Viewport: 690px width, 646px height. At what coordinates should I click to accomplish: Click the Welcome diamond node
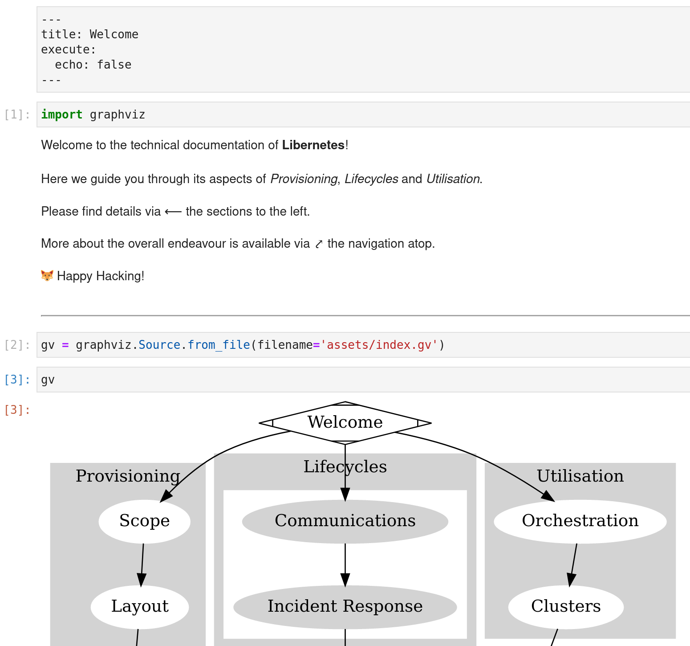345,422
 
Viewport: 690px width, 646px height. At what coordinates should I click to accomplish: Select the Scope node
144,521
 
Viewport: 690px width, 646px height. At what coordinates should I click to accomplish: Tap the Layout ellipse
140,606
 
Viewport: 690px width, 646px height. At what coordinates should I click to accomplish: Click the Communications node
345,521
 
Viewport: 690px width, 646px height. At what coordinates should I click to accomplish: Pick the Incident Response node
345,606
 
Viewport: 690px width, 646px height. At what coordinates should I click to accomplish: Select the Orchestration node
580,521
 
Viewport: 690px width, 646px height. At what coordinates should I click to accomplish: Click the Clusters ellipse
566,606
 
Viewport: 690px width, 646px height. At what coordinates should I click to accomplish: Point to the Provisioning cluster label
128,476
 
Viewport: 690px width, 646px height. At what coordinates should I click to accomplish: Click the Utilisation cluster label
580,476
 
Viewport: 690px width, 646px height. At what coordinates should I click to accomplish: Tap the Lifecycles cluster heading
345,467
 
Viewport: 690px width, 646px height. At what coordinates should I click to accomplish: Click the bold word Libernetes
313,145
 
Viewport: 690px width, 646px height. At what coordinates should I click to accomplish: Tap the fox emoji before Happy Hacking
47,276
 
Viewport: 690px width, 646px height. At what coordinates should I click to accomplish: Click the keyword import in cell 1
61,115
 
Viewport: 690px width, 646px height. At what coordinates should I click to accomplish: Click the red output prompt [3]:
17,410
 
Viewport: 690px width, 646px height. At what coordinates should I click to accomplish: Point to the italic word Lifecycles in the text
371,179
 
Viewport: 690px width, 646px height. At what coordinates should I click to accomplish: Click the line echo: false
93,65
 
